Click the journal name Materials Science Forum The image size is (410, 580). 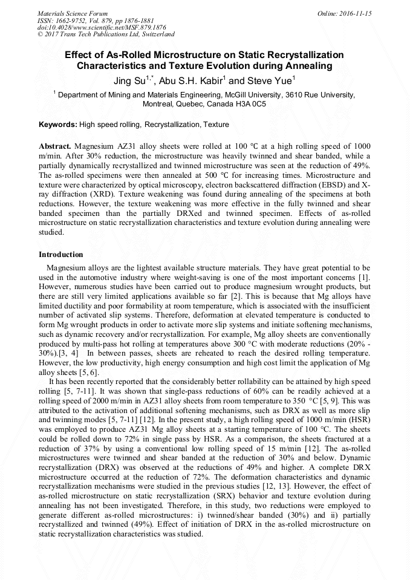[x=72, y=13]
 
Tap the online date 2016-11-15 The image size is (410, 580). [x=357, y=13]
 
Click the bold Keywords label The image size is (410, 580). [x=58, y=125]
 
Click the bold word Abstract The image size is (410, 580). [x=55, y=147]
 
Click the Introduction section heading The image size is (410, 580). [x=61, y=255]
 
